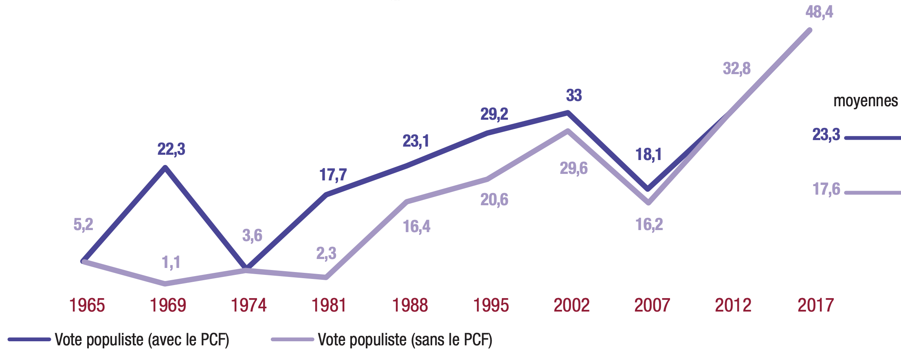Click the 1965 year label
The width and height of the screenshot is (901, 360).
(87, 305)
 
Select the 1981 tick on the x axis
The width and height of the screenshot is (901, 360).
(329, 305)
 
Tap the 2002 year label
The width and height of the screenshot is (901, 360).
(571, 305)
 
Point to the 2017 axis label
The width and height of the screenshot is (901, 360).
(815, 305)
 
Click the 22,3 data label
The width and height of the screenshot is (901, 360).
(171, 149)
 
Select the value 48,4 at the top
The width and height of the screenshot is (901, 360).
(819, 12)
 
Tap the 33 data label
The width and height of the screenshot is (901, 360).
(574, 96)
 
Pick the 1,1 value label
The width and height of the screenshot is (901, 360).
(171, 263)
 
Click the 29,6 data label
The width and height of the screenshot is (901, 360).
(574, 168)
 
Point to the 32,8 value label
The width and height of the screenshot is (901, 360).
(736, 68)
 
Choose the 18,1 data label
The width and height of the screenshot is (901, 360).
(648, 155)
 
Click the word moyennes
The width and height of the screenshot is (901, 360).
(865, 101)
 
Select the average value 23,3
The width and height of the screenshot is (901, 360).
(826, 134)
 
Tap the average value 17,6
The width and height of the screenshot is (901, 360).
(826, 189)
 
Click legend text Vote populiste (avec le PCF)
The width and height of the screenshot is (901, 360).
(142, 340)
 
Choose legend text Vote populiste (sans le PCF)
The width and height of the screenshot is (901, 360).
(405, 340)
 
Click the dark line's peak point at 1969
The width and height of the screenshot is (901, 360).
(165, 167)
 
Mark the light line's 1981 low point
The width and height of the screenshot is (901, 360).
(326, 278)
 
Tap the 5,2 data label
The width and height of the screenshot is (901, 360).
(83, 224)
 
